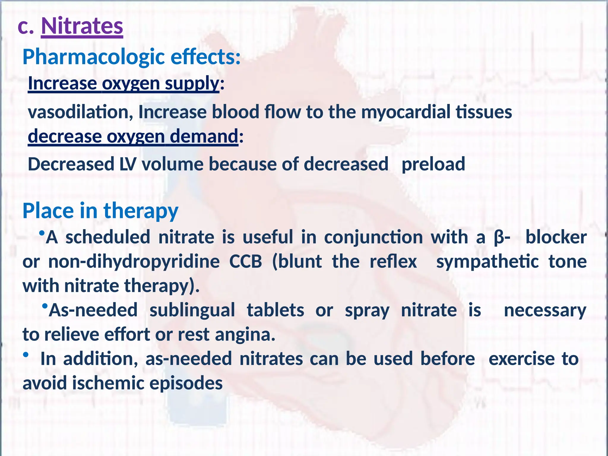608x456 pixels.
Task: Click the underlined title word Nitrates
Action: tap(82, 26)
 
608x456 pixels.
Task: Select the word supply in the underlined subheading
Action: tap(192, 83)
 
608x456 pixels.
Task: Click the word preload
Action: tap(433, 164)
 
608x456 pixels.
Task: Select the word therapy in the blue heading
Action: tap(141, 211)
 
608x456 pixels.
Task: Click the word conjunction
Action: tap(373, 237)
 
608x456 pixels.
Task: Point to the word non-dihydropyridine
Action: tap(134, 262)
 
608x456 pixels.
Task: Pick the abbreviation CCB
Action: tap(246, 262)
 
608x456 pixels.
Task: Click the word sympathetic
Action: tap(487, 262)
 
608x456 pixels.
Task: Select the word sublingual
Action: tap(192, 310)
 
